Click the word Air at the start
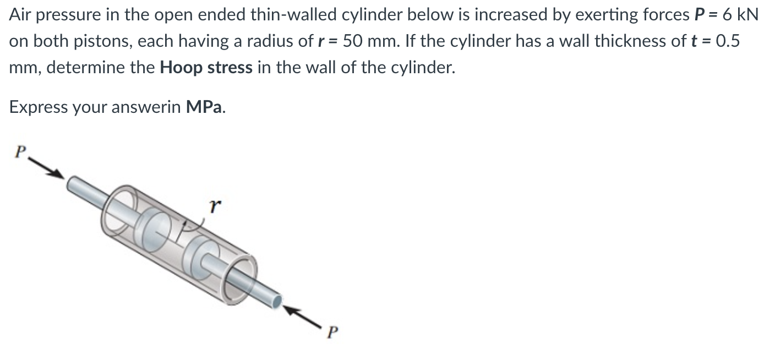tap(21, 15)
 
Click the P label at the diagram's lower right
tap(330, 332)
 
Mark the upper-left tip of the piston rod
tap(72, 183)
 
